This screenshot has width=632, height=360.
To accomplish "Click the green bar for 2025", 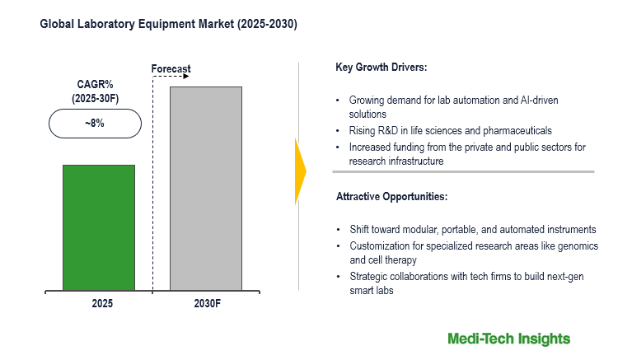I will [99, 227].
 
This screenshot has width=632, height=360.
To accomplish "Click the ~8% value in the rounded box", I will [95, 124].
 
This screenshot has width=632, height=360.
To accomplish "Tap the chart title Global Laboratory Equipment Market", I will [169, 25].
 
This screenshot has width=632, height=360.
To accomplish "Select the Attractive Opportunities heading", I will [391, 197].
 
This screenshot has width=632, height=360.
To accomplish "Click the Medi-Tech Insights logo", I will [508, 339].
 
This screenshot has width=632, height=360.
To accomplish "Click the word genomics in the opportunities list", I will [576, 246].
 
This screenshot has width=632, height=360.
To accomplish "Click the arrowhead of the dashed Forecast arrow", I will [186, 77].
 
